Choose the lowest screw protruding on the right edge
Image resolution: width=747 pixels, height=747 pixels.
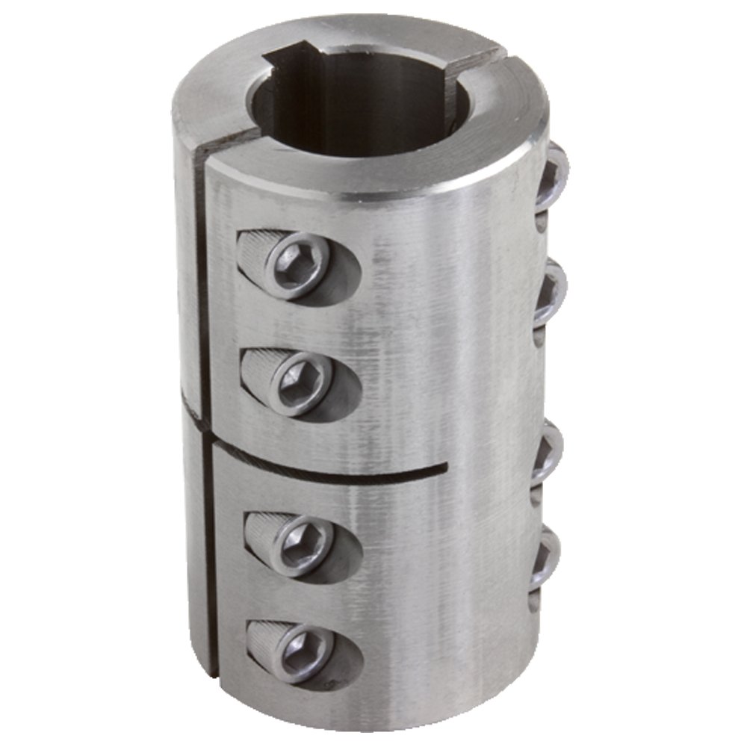point(548,557)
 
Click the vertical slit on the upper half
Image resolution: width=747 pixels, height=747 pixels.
point(200,284)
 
